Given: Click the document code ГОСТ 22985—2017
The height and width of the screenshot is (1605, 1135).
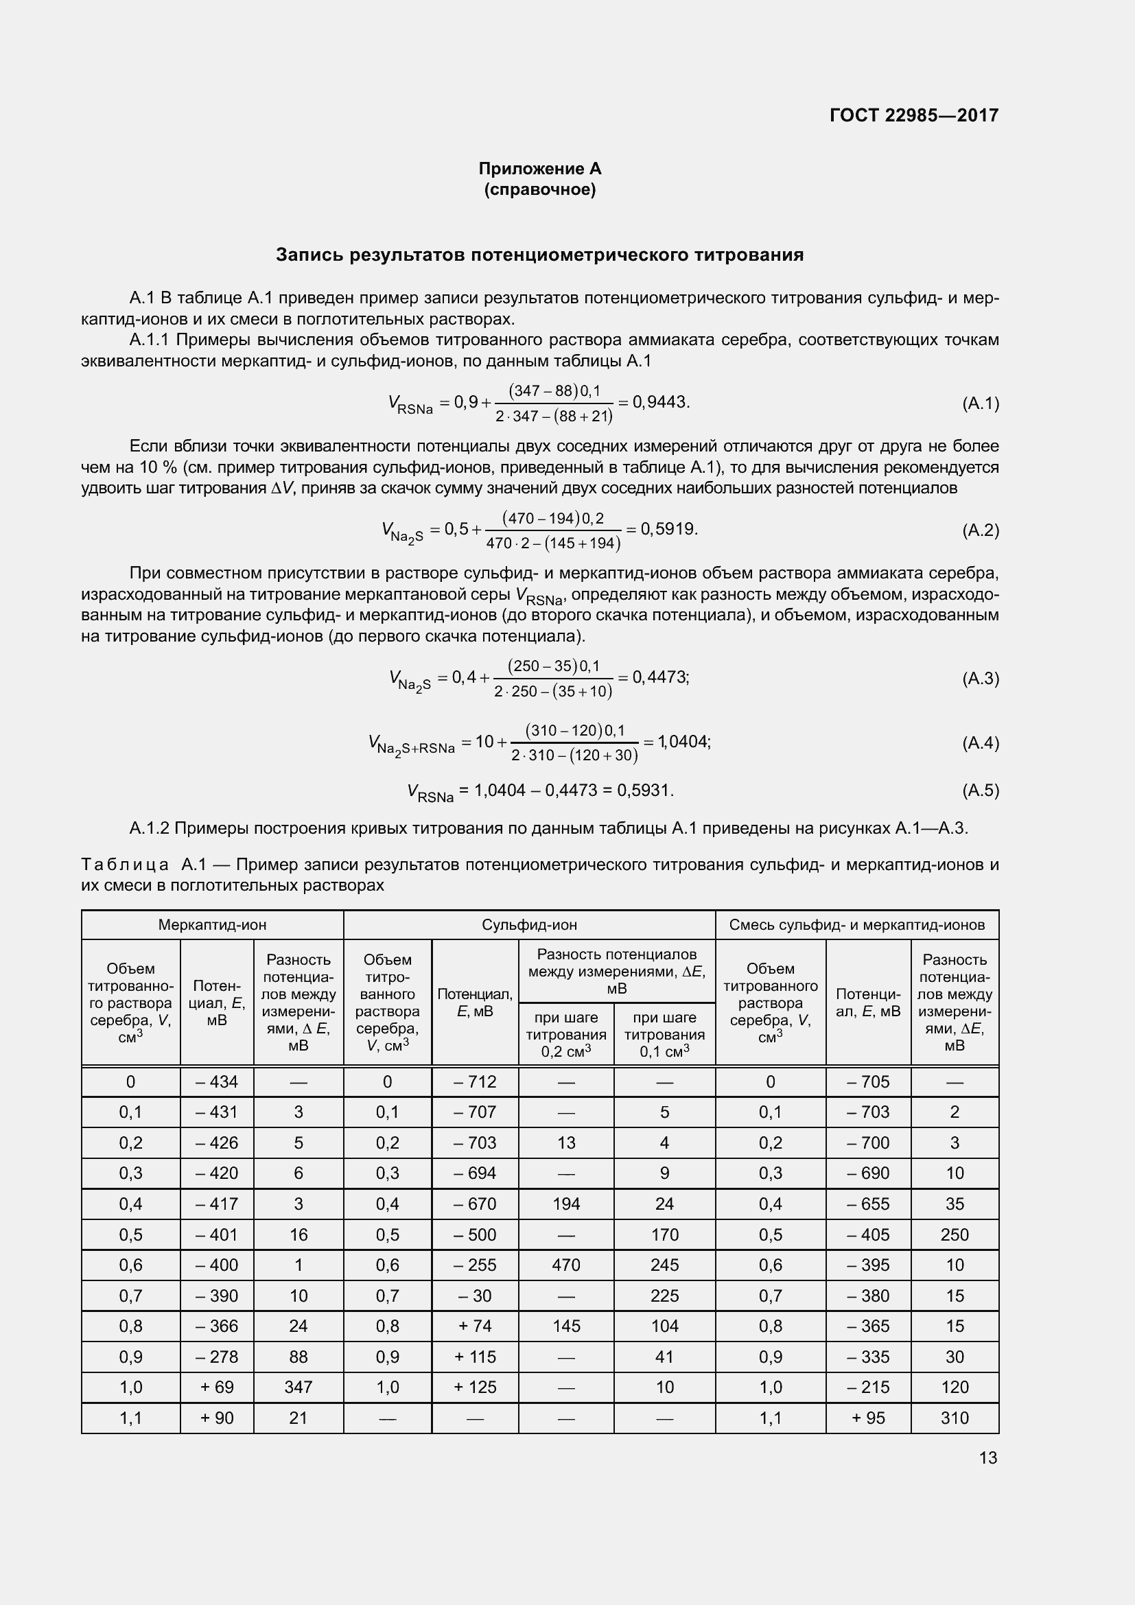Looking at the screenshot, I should [913, 115].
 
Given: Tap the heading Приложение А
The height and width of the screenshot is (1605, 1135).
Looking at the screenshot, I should [539, 169].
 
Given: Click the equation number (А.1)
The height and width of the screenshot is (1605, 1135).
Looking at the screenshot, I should [980, 403].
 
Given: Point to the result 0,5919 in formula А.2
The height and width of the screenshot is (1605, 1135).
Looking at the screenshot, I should [669, 529].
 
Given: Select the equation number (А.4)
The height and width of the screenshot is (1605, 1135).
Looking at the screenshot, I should [980, 742].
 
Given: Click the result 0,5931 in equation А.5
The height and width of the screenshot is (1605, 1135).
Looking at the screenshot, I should [645, 790].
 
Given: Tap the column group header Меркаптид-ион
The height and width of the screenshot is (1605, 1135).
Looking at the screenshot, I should [212, 925].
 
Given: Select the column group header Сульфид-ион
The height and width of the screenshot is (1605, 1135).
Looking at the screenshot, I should [529, 925].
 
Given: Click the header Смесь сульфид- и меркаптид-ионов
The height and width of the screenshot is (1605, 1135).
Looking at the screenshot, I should [857, 925].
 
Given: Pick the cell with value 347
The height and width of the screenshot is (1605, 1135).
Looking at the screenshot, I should [299, 1387].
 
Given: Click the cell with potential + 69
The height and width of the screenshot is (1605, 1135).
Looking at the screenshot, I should [217, 1387].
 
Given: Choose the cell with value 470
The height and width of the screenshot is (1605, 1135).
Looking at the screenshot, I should [566, 1265].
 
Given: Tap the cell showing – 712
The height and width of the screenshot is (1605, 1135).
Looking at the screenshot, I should [475, 1082].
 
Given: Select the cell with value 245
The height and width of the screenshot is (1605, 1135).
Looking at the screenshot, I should [665, 1265].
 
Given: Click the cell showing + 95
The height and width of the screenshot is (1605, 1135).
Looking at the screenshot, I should [868, 1418].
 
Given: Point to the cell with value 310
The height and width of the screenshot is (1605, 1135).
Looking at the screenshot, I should [955, 1418].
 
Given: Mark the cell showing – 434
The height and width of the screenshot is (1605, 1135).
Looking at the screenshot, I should [217, 1082].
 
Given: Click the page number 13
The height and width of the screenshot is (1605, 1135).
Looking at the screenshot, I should [987, 1458].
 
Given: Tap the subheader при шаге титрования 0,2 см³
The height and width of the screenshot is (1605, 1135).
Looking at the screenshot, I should [566, 1035].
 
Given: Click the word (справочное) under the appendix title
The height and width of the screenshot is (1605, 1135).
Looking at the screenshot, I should [539, 189].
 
